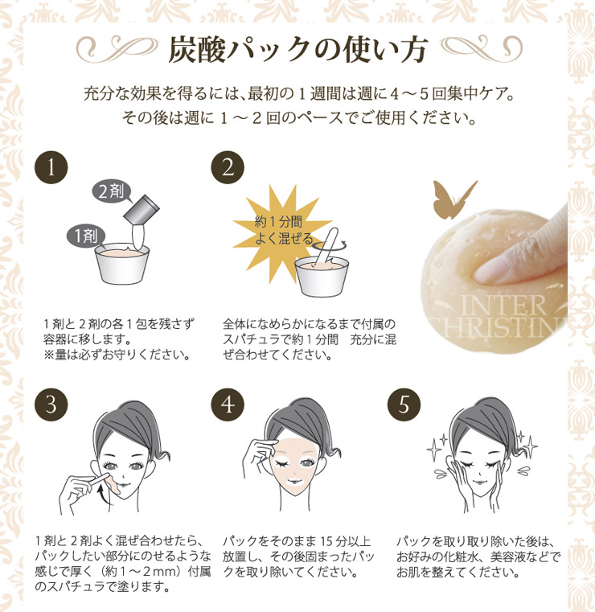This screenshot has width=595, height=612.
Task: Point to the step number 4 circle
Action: (227, 405)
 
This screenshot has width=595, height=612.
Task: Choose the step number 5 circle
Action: (403, 405)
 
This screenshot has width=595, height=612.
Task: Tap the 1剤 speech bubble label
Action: (82, 236)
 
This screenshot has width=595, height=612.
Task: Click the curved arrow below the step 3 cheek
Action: (102, 503)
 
